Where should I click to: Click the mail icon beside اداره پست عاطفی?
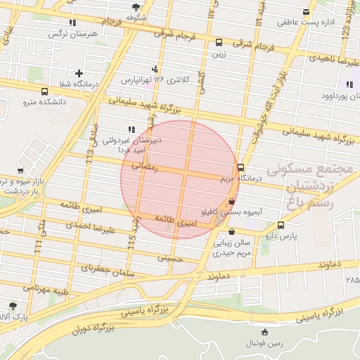[x=305, y=11]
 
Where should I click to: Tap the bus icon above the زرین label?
[x=219, y=42]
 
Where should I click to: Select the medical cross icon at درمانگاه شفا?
[x=79, y=73]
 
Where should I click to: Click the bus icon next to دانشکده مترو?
[x=45, y=92]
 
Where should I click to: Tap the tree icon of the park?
[x=13, y=306]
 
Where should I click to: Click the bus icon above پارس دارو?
[x=281, y=226]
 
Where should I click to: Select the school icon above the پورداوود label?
[x=348, y=86]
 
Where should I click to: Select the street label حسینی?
[x=169, y=259]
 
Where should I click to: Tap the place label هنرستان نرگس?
[x=72, y=34]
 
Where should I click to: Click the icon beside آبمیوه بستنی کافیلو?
[x=232, y=201]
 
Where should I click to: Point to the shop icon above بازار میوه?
[x=20, y=171]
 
